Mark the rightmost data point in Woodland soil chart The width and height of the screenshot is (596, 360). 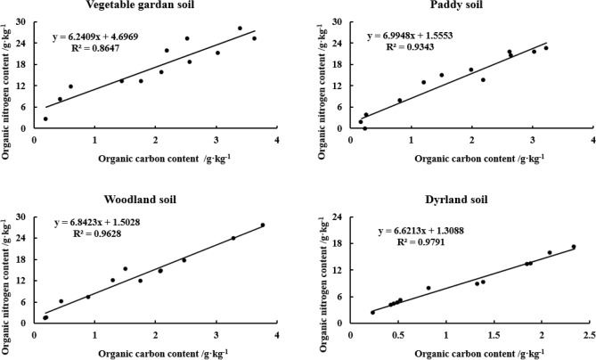pyautogui.click(x=263, y=225)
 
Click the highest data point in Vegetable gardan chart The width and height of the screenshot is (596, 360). pyautogui.click(x=240, y=29)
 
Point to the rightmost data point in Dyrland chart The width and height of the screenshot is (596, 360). pyautogui.click(x=574, y=247)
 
